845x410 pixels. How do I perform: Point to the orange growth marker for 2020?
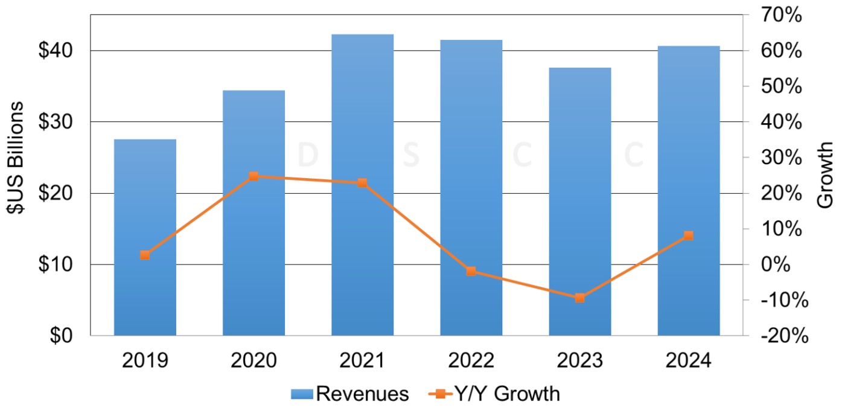pos(253,176)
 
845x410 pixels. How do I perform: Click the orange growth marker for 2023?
pos(579,298)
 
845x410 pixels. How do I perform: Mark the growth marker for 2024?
pos(689,235)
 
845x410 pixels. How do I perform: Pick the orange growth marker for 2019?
pos(145,255)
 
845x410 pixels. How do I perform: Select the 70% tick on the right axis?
pos(782,16)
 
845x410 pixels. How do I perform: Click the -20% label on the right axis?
pos(782,336)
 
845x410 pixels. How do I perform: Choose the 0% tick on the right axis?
pos(788,265)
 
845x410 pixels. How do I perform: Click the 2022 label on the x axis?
pos(471,361)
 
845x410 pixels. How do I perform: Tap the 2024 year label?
pos(688,361)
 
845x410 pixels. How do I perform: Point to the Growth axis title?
pos(825,175)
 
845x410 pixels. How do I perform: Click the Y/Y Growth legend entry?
pos(495,394)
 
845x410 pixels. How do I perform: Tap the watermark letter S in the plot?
pos(410,155)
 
